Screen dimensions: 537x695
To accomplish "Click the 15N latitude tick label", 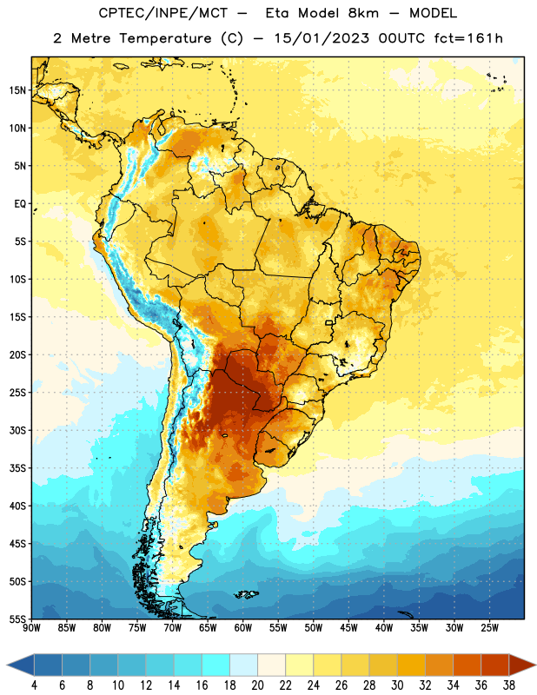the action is pyautogui.click(x=17, y=90).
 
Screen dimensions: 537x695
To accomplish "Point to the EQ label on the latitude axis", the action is pyautogui.click(x=20, y=204).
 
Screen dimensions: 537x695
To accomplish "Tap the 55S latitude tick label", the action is pyautogui.click(x=17, y=619).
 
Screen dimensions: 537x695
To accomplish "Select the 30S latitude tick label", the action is pyautogui.click(x=17, y=430).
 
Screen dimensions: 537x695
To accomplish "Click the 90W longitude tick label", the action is pyautogui.click(x=31, y=627).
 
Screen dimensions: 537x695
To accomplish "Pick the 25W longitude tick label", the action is pyautogui.click(x=489, y=627).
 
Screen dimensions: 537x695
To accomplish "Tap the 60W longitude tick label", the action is pyautogui.click(x=243, y=627).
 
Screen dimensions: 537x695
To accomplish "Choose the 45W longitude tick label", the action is pyautogui.click(x=348, y=627).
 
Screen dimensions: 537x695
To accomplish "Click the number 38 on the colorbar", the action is pyautogui.click(x=509, y=685).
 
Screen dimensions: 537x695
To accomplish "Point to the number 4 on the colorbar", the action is pyautogui.click(x=34, y=685).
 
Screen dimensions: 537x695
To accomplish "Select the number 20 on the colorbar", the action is pyautogui.click(x=257, y=685).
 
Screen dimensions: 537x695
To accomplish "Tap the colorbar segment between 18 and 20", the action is pyautogui.click(x=244, y=665).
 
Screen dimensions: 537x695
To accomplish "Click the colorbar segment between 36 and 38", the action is pyautogui.click(x=495, y=665).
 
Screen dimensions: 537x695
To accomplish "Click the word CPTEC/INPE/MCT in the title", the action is pyautogui.click(x=162, y=13).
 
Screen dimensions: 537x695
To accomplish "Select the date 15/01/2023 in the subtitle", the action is pyautogui.click(x=322, y=38).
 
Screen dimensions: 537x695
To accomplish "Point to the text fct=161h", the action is pyautogui.click(x=468, y=38).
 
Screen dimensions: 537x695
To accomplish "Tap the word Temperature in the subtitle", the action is pyautogui.click(x=165, y=38).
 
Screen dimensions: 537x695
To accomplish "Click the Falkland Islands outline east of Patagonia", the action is pyautogui.click(x=246, y=594).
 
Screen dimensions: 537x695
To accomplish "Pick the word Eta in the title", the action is pyautogui.click(x=276, y=13).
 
